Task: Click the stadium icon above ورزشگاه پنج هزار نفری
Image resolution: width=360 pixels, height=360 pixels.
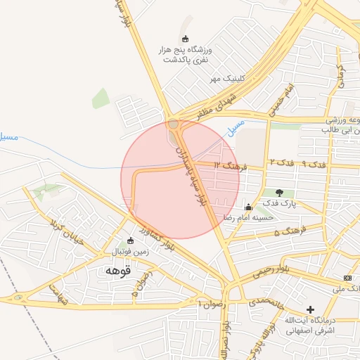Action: (x=185, y=39)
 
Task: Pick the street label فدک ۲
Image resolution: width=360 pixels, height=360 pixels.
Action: (x=281, y=162)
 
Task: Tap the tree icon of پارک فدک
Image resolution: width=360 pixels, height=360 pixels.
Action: (x=280, y=193)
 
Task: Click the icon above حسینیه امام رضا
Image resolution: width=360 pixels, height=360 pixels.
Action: (x=247, y=207)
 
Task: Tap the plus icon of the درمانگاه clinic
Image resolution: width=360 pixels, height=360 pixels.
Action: (x=310, y=309)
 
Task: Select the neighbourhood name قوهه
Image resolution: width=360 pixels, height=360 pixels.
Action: (x=117, y=270)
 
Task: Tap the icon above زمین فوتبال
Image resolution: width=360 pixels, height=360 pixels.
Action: (x=130, y=240)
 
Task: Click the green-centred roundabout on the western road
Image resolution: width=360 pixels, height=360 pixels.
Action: (x=18, y=298)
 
